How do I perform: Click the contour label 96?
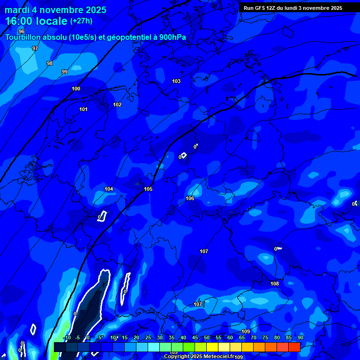coord(21,31)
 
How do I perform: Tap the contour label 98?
coord(50,63)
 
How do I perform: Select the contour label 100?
coord(76,89)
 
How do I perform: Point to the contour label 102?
coord(117,105)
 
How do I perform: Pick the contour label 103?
coord(176,81)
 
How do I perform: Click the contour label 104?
coord(109,189)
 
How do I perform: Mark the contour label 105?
coord(148,189)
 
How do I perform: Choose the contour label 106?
coord(190,198)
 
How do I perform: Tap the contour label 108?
coord(275,284)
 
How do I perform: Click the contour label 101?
coord(83,109)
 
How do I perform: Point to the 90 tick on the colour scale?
coord(300,338)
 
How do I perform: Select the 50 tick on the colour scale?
coord(207,338)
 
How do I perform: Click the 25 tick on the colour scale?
coord(148,338)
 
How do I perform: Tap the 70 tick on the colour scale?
coord(254,338)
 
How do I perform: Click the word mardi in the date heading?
coord(17,10)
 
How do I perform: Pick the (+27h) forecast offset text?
coord(81,21)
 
